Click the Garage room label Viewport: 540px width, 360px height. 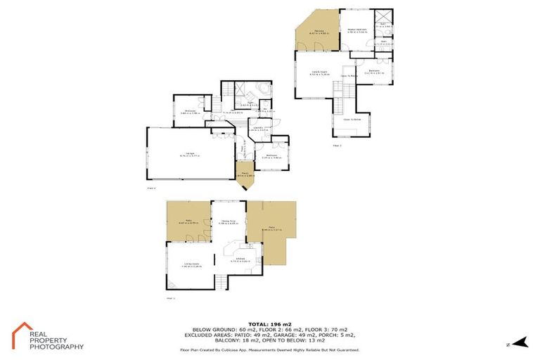190,153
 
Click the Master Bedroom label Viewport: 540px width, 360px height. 357,30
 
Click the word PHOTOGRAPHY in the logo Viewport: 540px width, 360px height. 56,347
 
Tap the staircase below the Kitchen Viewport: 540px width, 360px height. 223,282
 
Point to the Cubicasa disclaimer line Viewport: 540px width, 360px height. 270,349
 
